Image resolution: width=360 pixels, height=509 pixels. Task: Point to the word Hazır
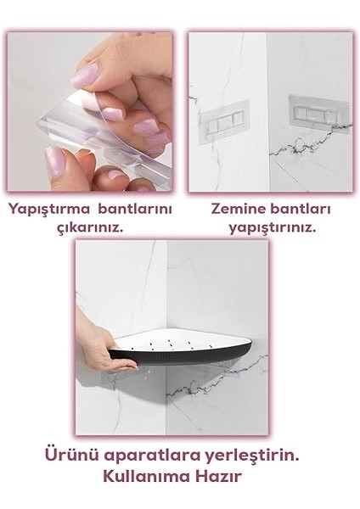pos(219,476)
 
